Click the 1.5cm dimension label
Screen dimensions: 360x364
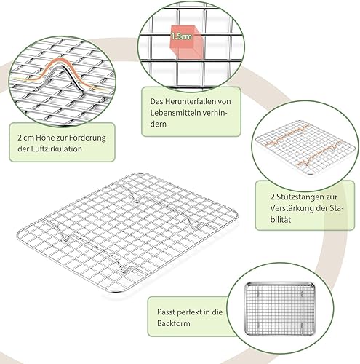click(x=181, y=36)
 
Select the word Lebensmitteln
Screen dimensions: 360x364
click(x=175, y=113)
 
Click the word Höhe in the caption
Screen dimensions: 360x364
click(x=45, y=138)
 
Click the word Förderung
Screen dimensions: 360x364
click(x=87, y=138)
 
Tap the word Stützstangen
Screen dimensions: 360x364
click(x=300, y=197)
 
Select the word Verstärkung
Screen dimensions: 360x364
click(x=292, y=208)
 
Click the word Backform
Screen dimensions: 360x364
click(x=174, y=323)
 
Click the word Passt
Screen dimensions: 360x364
click(x=166, y=312)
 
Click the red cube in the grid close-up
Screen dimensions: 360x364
click(x=186, y=41)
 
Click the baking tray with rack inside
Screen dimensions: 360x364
click(x=280, y=309)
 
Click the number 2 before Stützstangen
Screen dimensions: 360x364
click(x=272, y=197)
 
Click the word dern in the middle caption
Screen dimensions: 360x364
click(x=159, y=124)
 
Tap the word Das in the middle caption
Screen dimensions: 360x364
click(x=156, y=101)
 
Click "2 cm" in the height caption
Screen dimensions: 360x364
click(x=25, y=138)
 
